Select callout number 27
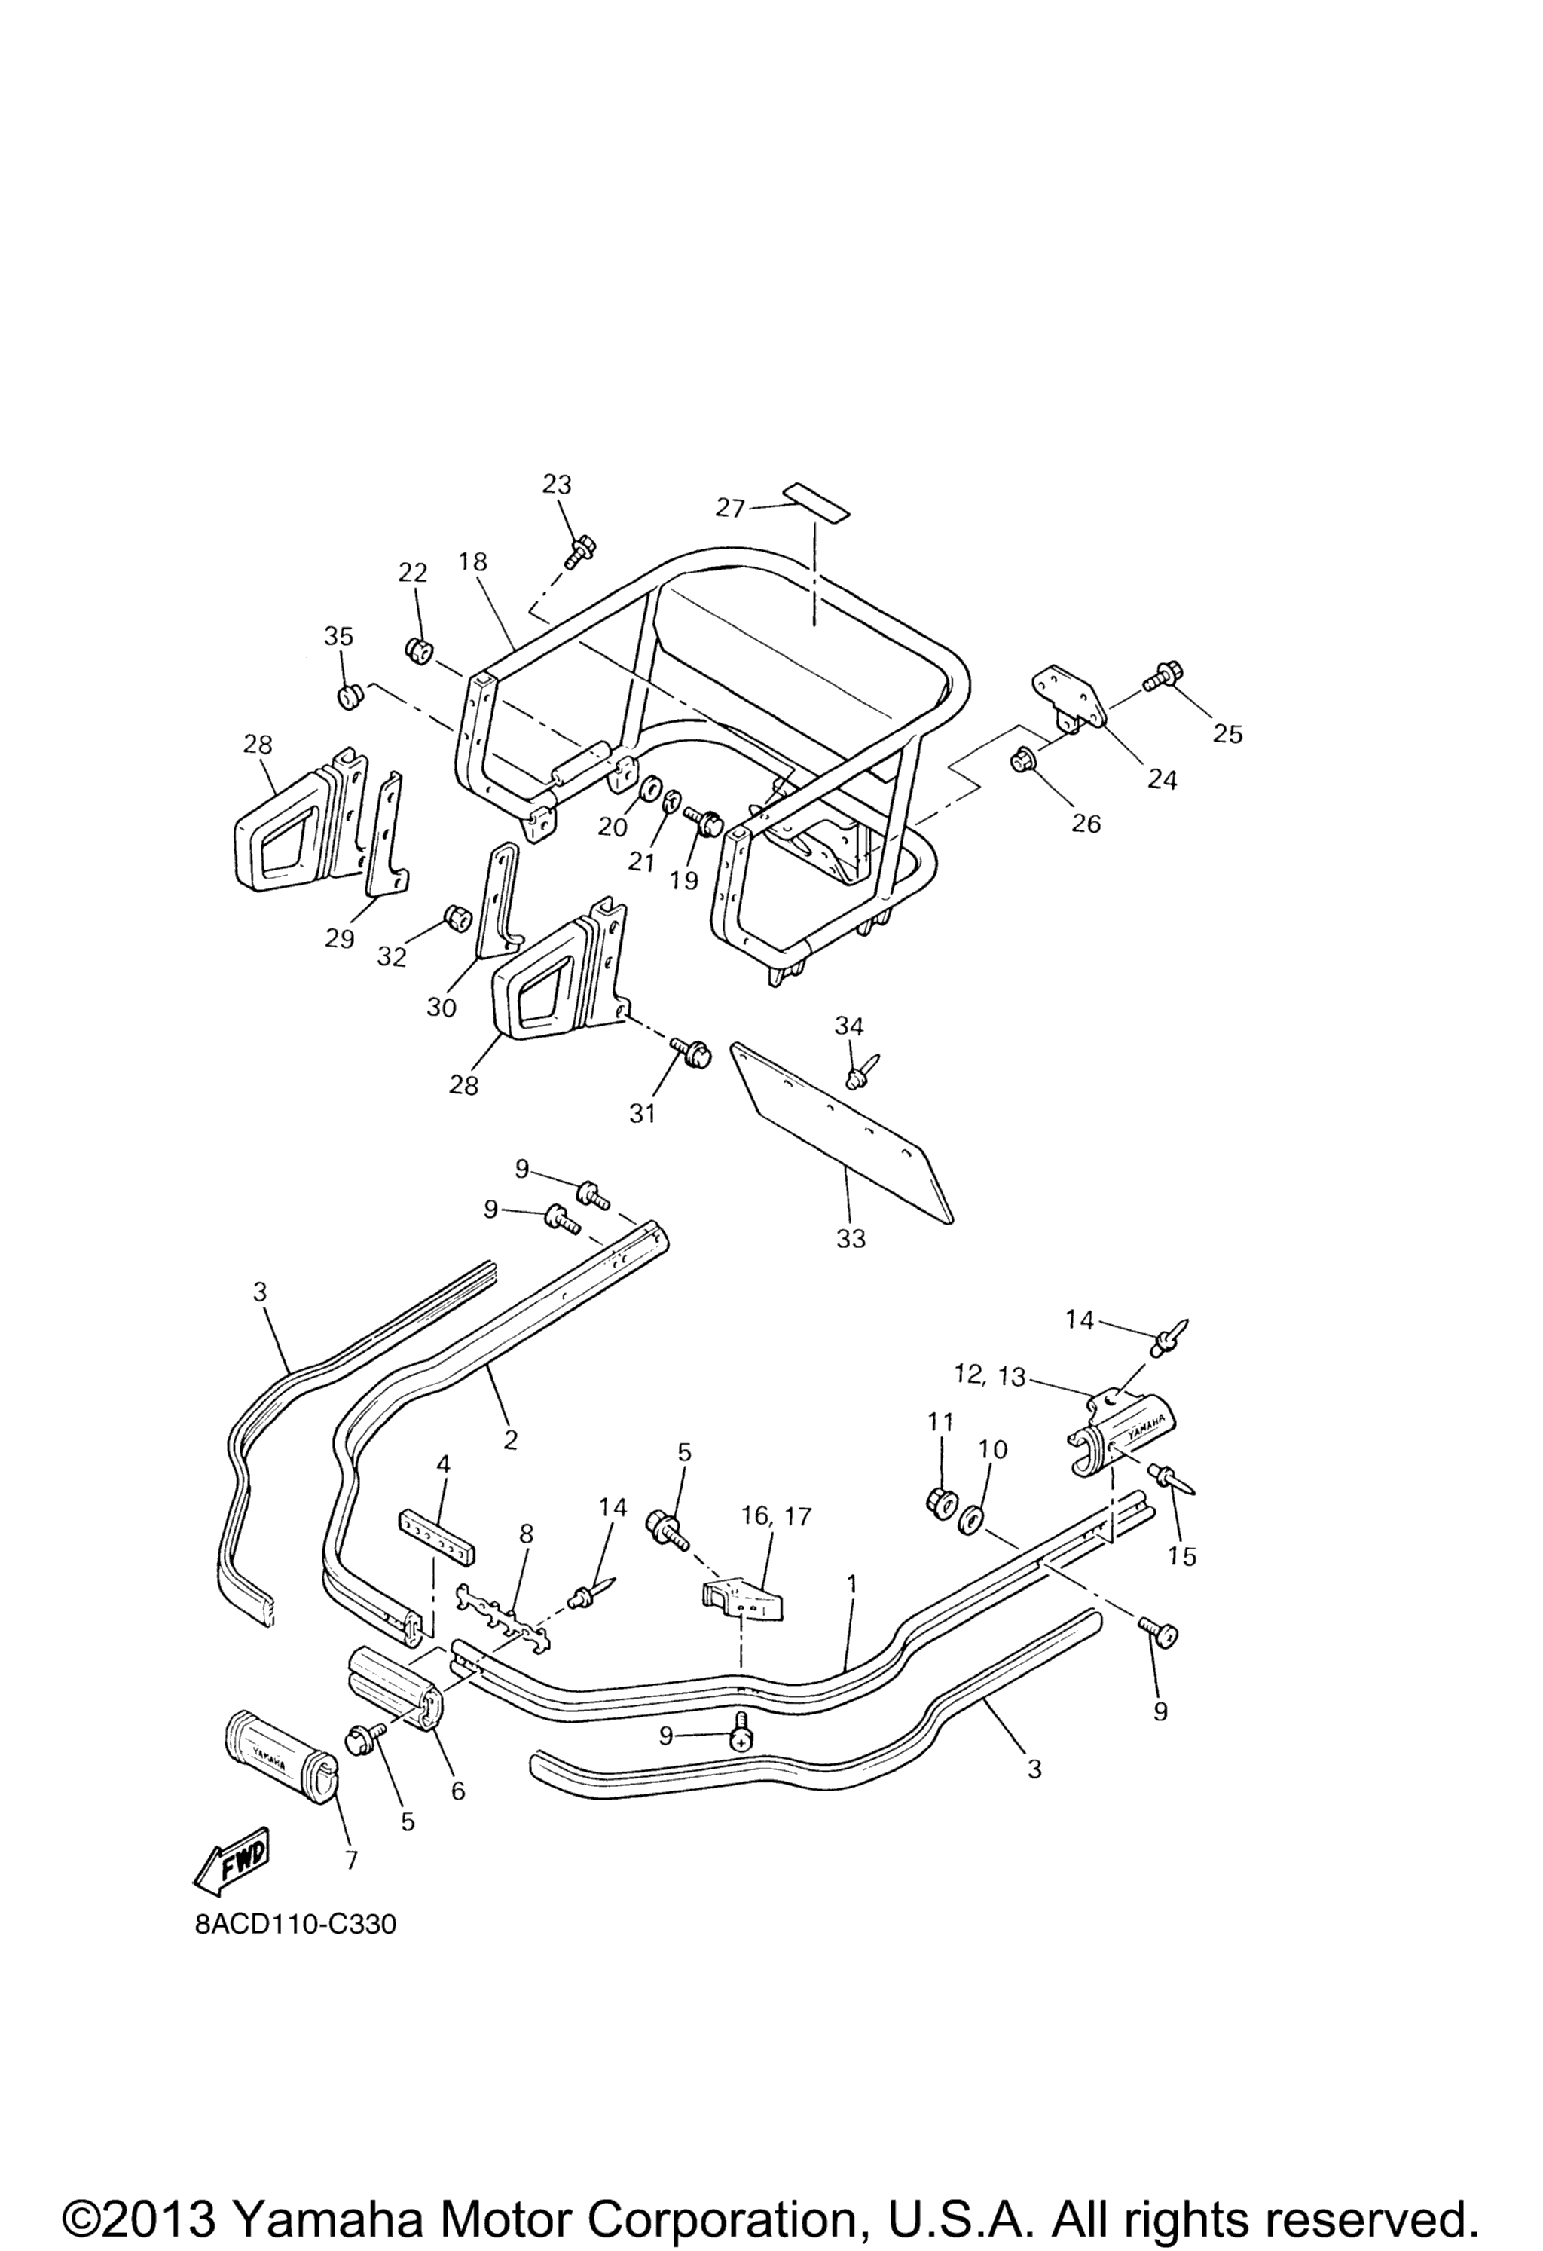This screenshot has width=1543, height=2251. point(732,506)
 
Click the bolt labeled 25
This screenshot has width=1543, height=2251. point(1160,675)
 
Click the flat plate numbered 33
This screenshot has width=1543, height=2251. point(842,1134)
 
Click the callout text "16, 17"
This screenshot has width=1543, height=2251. point(762,1515)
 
